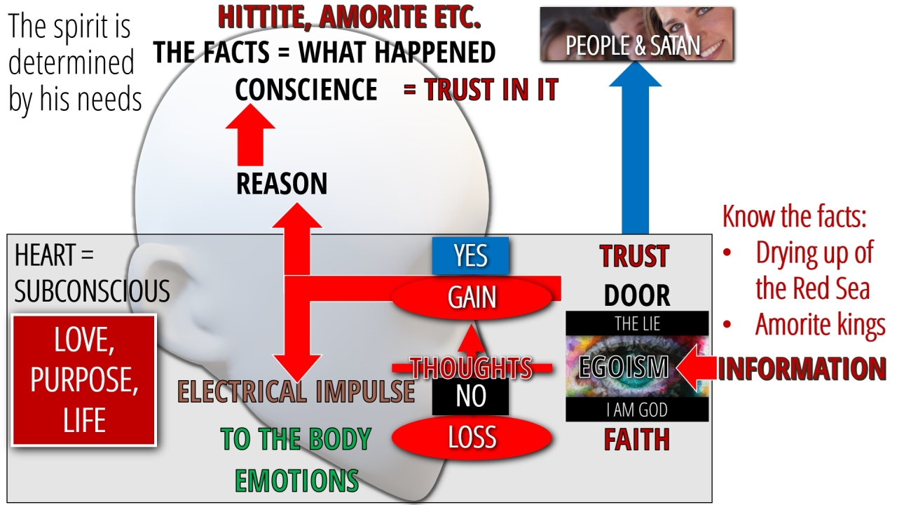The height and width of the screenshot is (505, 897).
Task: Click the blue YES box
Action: [x=470, y=256]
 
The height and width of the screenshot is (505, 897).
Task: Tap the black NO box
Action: [x=470, y=396]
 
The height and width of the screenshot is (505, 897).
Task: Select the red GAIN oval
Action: [x=472, y=297]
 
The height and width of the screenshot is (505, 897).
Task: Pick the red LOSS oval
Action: [x=472, y=437]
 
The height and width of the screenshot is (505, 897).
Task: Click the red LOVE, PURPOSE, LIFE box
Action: [x=84, y=380]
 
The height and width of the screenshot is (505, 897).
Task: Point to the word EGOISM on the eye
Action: [x=624, y=367]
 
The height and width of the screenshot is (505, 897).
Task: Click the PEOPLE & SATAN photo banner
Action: [x=637, y=34]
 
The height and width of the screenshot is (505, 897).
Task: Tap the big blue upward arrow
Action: [x=635, y=147]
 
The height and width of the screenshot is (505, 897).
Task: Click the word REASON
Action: [x=282, y=184]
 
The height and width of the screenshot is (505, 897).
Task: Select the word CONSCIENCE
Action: [x=306, y=89]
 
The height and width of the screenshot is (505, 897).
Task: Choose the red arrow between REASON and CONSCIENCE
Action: [x=250, y=135]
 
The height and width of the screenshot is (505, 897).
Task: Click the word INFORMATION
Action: [x=802, y=369]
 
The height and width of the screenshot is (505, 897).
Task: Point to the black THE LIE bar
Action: [x=637, y=323]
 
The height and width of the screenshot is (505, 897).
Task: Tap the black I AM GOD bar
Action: [x=637, y=410]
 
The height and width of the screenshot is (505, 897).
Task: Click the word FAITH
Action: [x=637, y=440]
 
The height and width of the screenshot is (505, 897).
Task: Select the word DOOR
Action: [x=637, y=296]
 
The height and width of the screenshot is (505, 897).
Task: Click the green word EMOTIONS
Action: [x=296, y=480]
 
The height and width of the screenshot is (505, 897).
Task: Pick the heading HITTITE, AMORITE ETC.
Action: [x=350, y=18]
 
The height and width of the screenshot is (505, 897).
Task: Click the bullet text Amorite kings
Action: [x=820, y=324]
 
